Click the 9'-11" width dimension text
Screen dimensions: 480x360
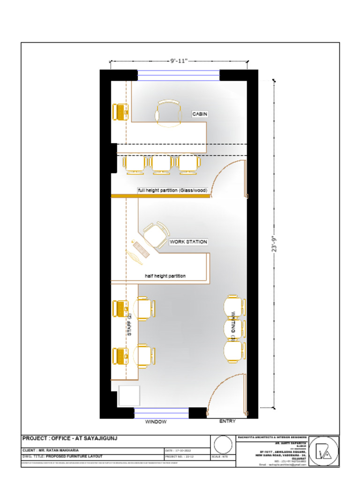(x=179, y=60)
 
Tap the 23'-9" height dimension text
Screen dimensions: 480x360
(x=275, y=244)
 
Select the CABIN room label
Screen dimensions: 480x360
(x=200, y=114)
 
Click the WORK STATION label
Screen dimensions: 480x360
(x=188, y=242)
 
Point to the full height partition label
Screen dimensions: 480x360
(x=172, y=190)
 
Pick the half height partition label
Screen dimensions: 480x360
(x=165, y=276)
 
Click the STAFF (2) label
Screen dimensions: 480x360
(x=130, y=325)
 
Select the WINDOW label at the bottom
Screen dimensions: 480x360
(x=156, y=422)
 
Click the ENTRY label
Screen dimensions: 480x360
(x=227, y=421)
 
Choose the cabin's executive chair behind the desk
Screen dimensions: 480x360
(x=169, y=113)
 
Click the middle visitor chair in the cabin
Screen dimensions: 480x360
(x=161, y=165)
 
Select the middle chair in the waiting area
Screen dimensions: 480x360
(x=234, y=328)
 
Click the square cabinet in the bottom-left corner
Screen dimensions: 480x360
(x=129, y=396)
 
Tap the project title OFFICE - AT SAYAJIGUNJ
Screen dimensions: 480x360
(x=70, y=438)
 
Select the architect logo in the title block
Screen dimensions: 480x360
(x=323, y=451)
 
